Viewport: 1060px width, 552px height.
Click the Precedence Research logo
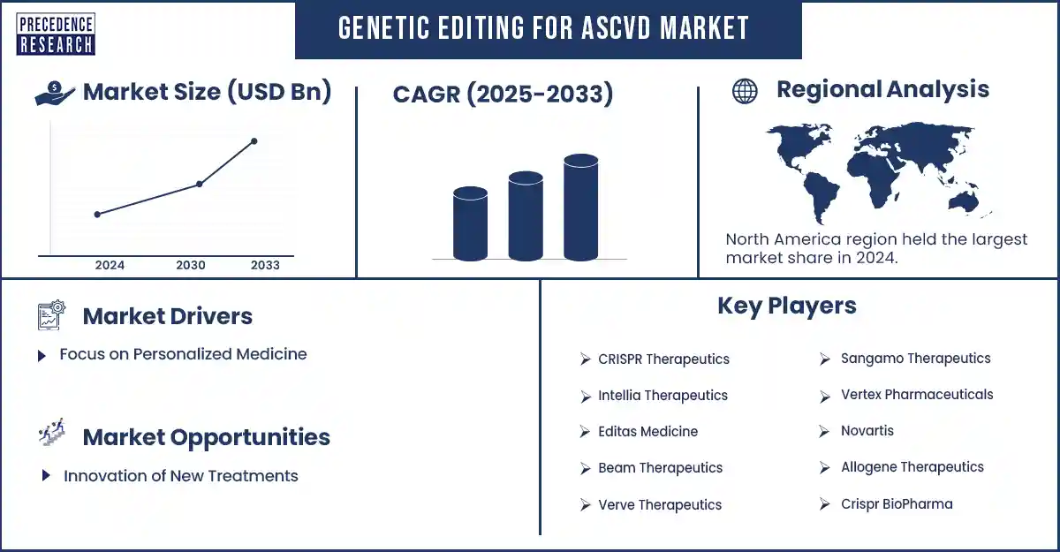(x=56, y=34)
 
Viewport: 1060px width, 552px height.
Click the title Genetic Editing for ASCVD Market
(x=544, y=28)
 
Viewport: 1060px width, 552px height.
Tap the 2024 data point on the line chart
(x=97, y=214)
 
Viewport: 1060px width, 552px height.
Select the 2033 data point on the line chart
(x=254, y=141)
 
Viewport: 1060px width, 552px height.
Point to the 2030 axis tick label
(x=191, y=265)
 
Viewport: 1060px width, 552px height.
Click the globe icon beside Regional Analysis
(x=745, y=91)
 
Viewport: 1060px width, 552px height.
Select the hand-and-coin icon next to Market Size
(x=55, y=93)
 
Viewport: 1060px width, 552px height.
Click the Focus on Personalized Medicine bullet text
(x=183, y=354)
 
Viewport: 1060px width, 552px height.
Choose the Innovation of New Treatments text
(x=180, y=476)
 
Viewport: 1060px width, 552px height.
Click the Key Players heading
(x=786, y=306)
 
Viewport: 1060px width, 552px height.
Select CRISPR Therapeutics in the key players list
(x=663, y=359)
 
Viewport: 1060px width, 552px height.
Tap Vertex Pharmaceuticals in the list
(x=916, y=395)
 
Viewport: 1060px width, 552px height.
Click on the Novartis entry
(x=867, y=431)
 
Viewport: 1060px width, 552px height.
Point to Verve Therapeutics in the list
(x=659, y=505)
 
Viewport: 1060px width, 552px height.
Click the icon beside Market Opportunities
(x=52, y=435)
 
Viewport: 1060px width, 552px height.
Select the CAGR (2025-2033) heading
(x=503, y=94)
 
